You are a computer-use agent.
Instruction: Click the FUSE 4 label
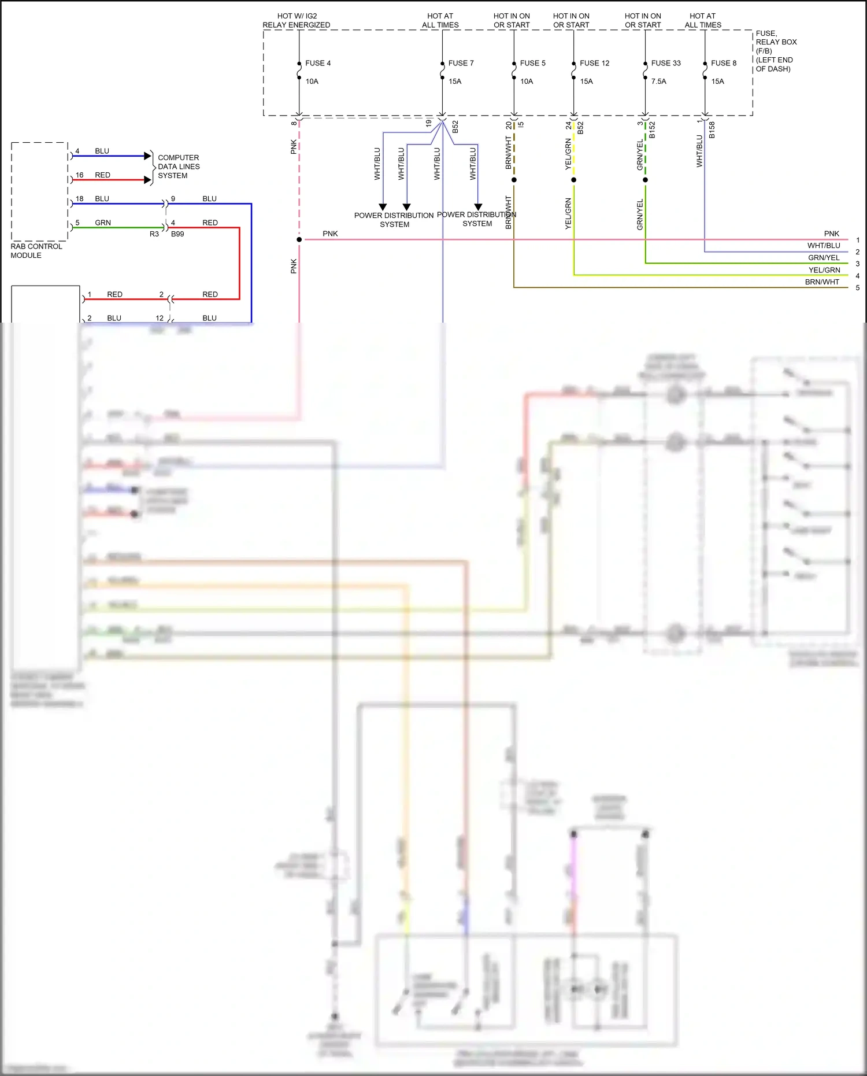coord(318,63)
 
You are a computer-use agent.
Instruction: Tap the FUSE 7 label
coord(461,63)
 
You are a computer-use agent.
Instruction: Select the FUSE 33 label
coord(666,63)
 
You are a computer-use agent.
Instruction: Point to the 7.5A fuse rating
coord(658,82)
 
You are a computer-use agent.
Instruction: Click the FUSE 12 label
coord(594,63)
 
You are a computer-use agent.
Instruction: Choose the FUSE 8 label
coord(724,63)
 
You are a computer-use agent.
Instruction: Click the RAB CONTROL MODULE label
coord(36,250)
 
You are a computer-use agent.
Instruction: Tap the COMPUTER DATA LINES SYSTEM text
coord(179,167)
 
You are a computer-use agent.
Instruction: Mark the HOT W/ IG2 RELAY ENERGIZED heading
coord(297,21)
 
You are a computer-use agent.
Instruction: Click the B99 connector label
coord(177,234)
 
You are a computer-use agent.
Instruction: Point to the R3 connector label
coord(154,234)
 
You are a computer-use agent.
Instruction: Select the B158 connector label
coord(712,130)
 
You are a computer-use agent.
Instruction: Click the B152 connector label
coord(652,130)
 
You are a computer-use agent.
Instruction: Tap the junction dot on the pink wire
coord(299,239)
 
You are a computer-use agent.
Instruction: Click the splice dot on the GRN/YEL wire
coord(645,180)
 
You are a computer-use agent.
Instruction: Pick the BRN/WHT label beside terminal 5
coord(822,282)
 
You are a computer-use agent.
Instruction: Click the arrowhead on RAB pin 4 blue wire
coord(147,156)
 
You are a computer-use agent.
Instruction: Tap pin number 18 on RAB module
coord(80,199)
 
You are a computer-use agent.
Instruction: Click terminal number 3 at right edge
coord(857,264)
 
